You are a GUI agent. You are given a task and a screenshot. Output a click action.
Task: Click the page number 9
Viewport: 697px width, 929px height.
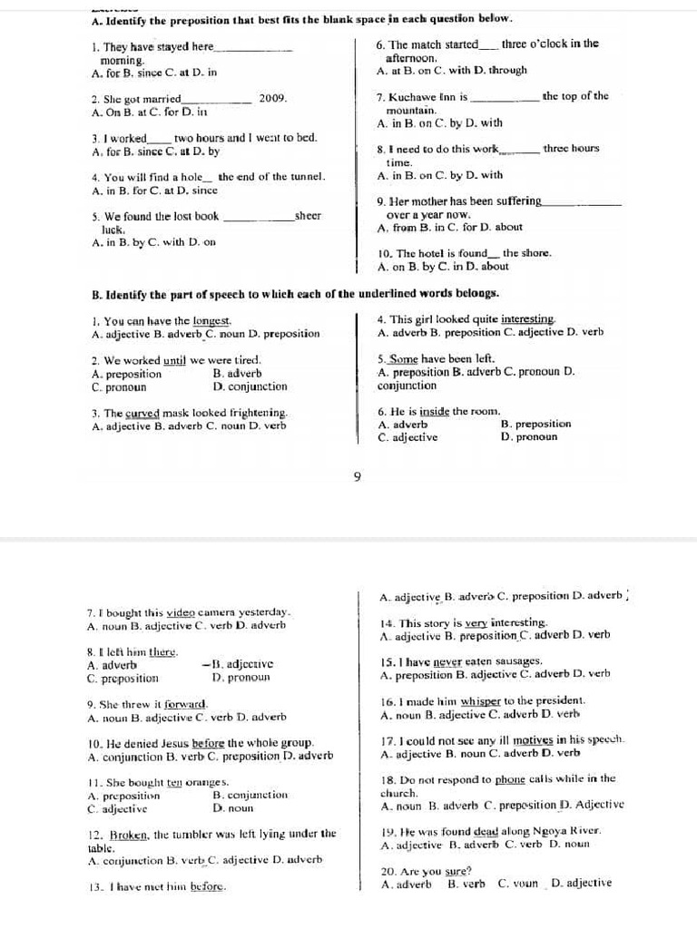[x=357, y=475]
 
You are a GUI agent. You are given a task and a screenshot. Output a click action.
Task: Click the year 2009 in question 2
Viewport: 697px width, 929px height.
[x=272, y=98]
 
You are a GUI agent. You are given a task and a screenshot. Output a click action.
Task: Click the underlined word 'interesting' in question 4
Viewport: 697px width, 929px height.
[x=528, y=319]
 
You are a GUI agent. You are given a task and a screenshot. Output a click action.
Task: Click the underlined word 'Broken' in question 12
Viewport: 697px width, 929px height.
[x=130, y=833]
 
